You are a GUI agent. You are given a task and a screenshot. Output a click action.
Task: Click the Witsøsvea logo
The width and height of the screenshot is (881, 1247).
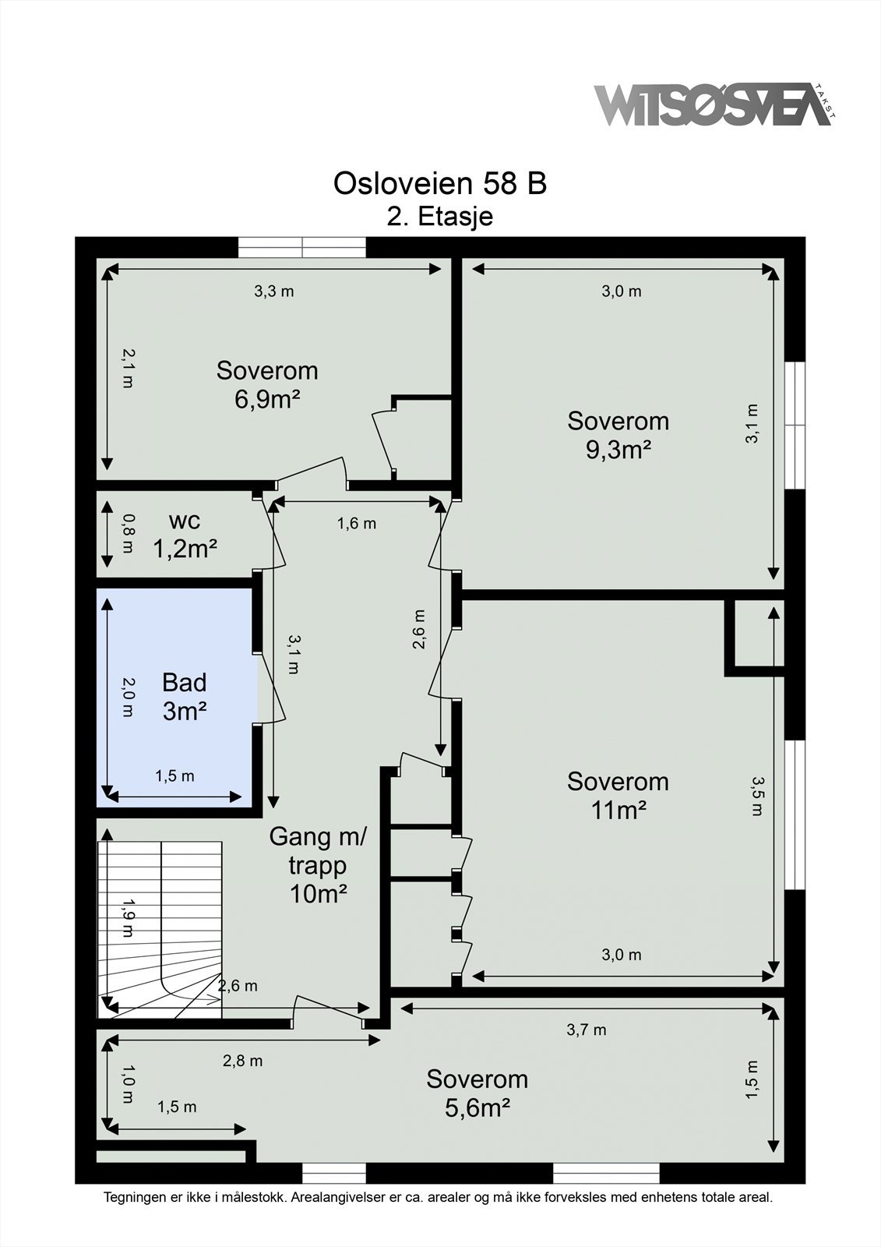(x=715, y=104)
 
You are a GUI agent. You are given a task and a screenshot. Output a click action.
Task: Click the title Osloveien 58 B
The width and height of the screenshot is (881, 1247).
(x=439, y=183)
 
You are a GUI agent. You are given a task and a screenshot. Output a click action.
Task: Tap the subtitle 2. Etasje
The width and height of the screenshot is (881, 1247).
(x=439, y=217)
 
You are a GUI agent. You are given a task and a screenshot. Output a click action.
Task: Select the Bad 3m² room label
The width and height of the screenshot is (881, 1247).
(x=185, y=697)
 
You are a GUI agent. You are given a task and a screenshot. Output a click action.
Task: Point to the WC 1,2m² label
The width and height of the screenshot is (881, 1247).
(x=185, y=535)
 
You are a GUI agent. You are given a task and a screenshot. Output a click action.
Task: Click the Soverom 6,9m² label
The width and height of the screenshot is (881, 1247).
(x=267, y=385)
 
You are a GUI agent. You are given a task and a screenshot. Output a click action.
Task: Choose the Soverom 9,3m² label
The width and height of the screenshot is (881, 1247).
(x=618, y=435)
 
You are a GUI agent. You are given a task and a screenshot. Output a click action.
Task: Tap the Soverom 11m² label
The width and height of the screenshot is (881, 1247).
(x=618, y=796)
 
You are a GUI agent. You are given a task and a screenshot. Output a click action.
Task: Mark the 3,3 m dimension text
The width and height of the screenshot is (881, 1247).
(x=274, y=291)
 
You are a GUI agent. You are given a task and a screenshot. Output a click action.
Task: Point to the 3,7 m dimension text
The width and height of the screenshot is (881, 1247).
(x=587, y=1030)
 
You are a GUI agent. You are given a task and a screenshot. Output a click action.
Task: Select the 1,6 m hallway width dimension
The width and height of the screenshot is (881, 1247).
(x=356, y=523)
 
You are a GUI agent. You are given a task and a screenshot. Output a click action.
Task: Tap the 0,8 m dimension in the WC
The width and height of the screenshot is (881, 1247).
(x=128, y=533)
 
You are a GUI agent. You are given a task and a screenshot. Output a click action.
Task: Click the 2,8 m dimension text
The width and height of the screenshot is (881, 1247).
(x=243, y=1061)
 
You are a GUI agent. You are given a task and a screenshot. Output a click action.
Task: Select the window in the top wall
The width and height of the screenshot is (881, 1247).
(x=302, y=247)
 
